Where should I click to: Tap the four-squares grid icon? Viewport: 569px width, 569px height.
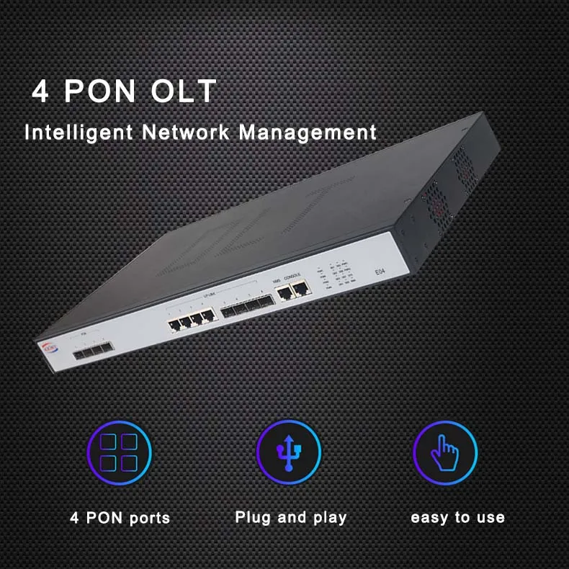pos(119,453)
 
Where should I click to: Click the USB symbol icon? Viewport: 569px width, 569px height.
pos(289,453)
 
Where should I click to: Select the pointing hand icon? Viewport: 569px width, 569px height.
pos(445,453)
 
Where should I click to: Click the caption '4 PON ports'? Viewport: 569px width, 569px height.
pos(120,518)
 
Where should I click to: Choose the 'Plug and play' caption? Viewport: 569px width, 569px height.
pos(291,517)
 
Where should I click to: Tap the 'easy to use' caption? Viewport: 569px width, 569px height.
pos(457,517)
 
